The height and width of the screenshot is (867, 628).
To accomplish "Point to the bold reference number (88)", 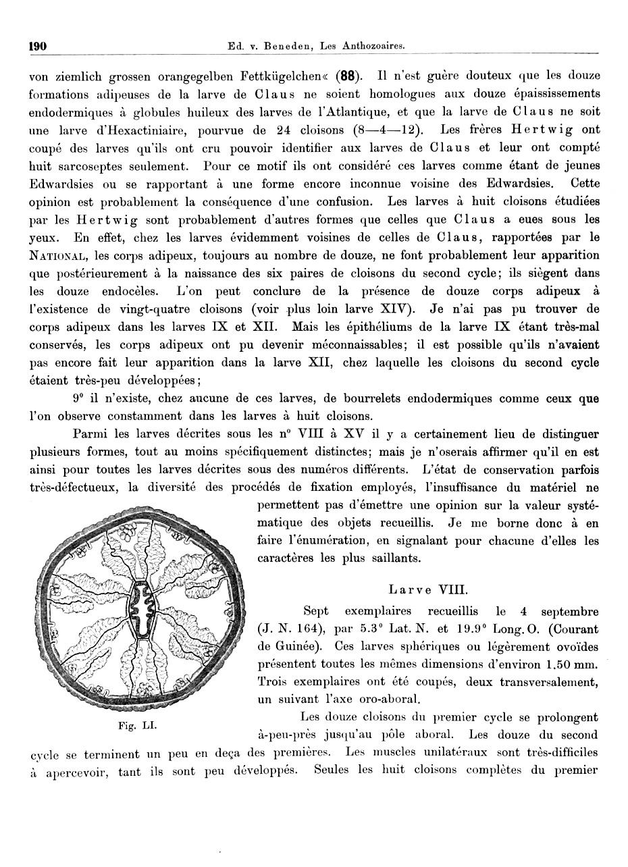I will click(350, 75).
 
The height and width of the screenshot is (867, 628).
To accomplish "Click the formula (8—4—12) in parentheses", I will click(388, 130).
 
